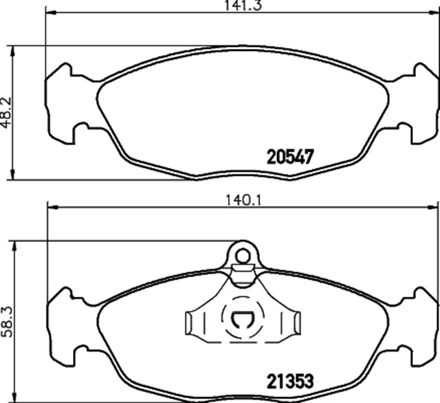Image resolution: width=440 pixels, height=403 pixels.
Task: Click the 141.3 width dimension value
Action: point(243,5)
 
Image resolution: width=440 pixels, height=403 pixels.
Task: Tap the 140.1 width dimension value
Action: point(243,201)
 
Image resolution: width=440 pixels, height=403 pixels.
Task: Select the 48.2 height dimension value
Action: point(6,113)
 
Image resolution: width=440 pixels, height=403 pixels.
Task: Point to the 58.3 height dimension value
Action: point(7,322)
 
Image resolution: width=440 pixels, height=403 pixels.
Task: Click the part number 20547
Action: point(290,157)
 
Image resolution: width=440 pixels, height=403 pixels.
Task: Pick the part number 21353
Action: point(290,381)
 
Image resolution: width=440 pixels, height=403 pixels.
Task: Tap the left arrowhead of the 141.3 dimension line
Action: point(51,12)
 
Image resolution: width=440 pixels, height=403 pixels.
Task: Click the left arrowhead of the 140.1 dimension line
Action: point(54,208)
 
